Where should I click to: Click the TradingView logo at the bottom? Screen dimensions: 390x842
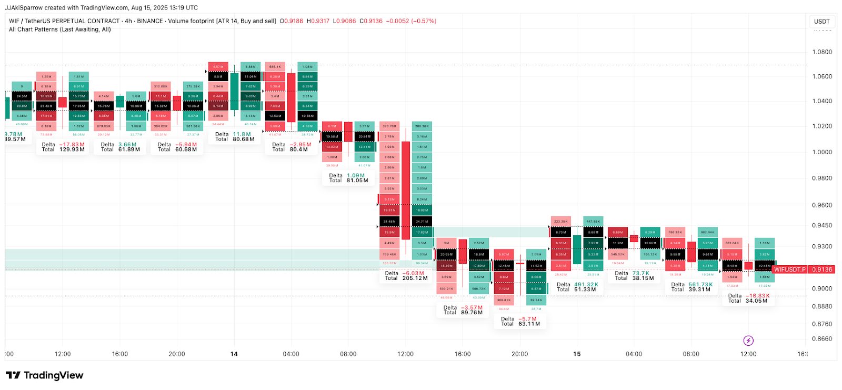click(x=45, y=375)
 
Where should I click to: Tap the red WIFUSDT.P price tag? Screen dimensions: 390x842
click(x=789, y=269)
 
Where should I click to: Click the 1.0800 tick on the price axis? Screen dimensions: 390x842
click(x=822, y=52)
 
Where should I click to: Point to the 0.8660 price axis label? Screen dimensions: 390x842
click(x=822, y=339)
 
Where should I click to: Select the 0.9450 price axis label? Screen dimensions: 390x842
click(x=822, y=225)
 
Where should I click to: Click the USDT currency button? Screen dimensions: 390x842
click(x=821, y=22)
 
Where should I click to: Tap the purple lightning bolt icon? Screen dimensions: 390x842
click(x=748, y=341)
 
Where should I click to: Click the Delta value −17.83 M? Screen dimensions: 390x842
click(x=72, y=145)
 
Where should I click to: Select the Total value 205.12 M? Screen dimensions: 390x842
click(x=415, y=278)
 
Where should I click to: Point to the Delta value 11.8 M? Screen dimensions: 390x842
click(x=242, y=135)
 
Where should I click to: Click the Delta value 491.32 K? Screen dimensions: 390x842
click(x=586, y=285)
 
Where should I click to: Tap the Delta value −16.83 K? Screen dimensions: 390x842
click(x=757, y=296)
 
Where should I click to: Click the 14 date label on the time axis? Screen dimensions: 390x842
click(x=234, y=354)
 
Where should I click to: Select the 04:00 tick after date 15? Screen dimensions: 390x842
click(x=634, y=354)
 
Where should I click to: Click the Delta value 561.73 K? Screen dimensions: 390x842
click(x=700, y=285)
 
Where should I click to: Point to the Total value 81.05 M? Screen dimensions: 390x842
click(x=357, y=181)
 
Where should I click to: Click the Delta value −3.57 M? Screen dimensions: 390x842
click(x=472, y=308)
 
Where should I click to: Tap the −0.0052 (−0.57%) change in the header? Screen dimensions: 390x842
click(x=411, y=21)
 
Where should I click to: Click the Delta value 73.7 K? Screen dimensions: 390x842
click(x=640, y=274)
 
